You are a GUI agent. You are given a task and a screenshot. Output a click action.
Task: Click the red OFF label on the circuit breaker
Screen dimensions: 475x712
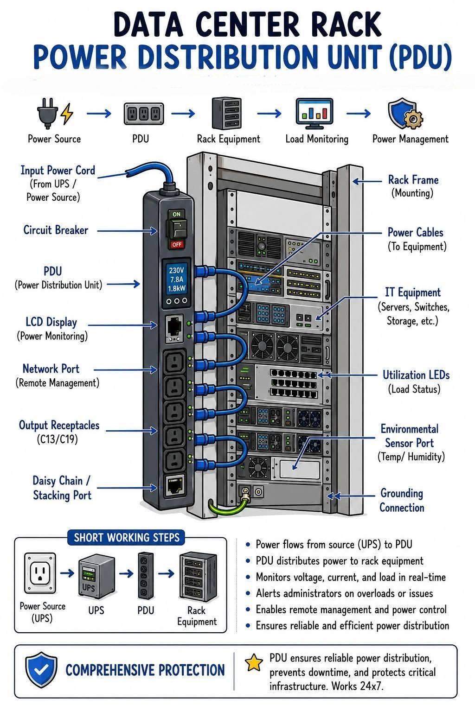[x=177, y=244]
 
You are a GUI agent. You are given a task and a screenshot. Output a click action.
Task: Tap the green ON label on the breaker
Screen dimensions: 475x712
[x=177, y=214]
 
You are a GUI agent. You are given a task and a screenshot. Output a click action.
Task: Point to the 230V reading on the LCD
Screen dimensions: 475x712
[x=176, y=270]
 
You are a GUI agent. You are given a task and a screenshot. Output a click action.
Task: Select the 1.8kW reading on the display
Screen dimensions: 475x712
[x=177, y=288]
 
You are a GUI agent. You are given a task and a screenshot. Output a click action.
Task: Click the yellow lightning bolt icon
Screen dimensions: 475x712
[x=67, y=113]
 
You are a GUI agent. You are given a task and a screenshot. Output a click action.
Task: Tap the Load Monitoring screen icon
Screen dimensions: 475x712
[x=315, y=113]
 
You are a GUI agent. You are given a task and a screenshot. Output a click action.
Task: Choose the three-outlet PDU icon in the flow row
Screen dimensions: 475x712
[x=144, y=114]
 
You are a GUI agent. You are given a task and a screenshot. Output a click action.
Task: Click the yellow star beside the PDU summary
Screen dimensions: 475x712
[x=254, y=662]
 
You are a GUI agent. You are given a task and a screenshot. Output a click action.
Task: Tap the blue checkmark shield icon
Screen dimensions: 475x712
[x=41, y=669]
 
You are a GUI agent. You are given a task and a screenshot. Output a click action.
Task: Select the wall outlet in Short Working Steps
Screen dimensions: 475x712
[x=40, y=573]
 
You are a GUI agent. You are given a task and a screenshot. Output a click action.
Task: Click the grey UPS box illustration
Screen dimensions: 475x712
[x=96, y=576]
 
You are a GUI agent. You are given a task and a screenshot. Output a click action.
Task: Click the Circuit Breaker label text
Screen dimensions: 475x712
[x=56, y=230]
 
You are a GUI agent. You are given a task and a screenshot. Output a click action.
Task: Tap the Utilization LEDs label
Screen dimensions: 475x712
[x=416, y=375]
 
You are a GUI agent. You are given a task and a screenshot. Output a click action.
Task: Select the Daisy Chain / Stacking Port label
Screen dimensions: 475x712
[x=62, y=488]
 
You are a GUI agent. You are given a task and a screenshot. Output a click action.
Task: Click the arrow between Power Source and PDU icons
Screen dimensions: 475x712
[x=99, y=114]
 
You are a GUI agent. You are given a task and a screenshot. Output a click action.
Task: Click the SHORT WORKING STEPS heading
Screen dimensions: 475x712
[x=127, y=538]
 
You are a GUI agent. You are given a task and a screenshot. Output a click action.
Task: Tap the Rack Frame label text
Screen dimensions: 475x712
[x=413, y=180]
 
